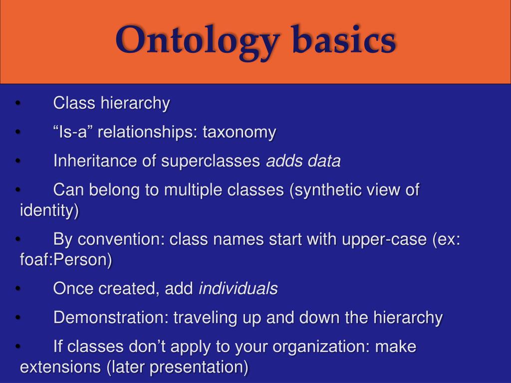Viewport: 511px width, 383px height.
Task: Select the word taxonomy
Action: (239, 133)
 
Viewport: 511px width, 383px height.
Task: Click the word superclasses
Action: (211, 162)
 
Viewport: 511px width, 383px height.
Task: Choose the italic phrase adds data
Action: (303, 162)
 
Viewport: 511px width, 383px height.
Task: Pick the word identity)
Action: (49, 211)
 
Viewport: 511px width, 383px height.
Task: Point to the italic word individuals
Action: (238, 289)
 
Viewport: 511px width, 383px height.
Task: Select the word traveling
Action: (205, 318)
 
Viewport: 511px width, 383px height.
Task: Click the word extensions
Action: (60, 368)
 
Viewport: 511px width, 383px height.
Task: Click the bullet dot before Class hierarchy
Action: (18, 104)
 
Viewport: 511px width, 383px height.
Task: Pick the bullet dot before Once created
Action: (18, 289)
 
